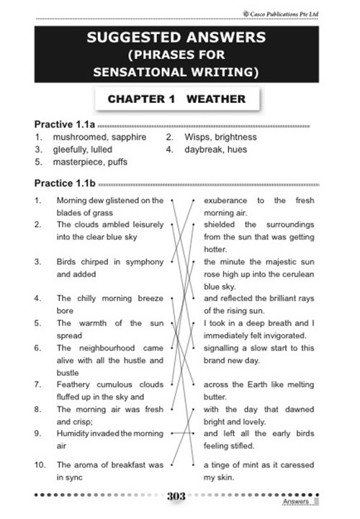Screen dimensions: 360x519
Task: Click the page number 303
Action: [178, 497]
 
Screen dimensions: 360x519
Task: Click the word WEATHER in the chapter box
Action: [215, 99]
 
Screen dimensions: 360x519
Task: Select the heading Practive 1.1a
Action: [62, 125]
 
